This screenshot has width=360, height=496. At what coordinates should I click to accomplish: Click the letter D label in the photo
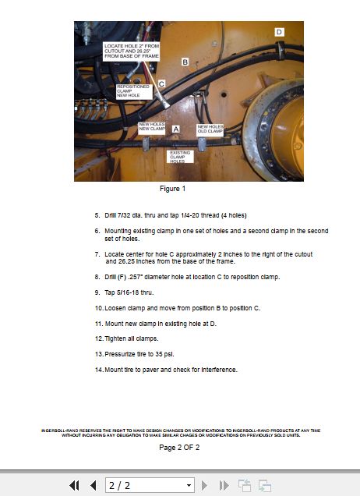279,32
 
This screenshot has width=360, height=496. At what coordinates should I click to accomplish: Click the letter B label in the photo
185,61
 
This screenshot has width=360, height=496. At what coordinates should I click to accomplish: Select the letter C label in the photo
161,83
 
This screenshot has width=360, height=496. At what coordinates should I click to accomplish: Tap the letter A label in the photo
176,128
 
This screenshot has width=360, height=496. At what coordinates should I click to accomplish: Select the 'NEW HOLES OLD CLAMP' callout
210,128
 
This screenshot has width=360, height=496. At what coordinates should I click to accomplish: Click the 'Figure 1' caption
172,189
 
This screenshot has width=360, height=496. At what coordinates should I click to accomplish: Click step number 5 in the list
97,215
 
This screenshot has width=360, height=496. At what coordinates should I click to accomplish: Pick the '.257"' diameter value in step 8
135,277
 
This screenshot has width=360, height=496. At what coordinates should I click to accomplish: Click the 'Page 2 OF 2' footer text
179,448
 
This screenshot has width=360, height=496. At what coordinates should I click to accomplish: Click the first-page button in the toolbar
75,485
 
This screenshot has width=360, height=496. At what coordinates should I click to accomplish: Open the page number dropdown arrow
188,485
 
